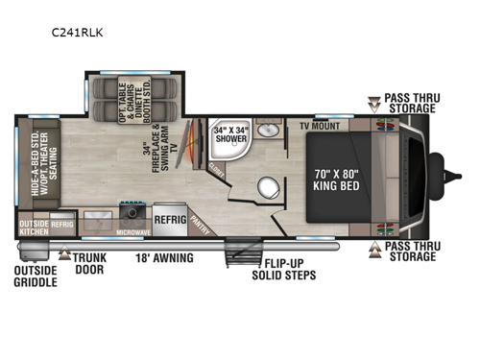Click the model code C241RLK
tap(78, 31)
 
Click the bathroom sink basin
tap(271, 132)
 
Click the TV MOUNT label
tap(320, 126)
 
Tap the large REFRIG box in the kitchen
tap(170, 217)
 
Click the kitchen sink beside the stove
tap(98, 214)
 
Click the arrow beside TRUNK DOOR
tap(66, 255)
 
